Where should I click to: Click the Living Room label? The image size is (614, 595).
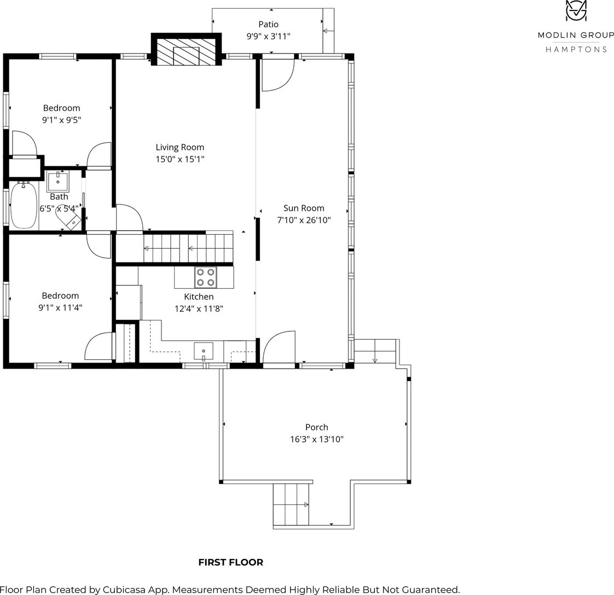point(179,147)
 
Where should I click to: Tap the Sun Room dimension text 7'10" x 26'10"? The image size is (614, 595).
point(304,220)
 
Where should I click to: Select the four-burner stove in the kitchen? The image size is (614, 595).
point(206,277)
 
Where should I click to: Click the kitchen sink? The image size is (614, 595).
point(204,351)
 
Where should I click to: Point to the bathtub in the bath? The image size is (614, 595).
point(24,205)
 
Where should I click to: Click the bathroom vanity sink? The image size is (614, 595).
point(57,181)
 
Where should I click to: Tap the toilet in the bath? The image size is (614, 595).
point(68,218)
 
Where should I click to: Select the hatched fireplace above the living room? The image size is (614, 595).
point(186,51)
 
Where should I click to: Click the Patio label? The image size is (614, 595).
point(268,24)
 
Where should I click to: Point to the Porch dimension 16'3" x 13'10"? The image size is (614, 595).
point(316,439)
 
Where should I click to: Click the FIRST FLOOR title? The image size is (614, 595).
point(230,563)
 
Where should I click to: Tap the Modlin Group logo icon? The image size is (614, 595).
point(576,10)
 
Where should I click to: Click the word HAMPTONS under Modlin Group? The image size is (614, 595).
point(576,49)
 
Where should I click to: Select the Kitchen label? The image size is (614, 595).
point(199,297)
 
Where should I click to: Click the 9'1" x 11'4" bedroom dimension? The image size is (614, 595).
point(60,308)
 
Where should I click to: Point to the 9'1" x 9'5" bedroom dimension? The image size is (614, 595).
point(61,120)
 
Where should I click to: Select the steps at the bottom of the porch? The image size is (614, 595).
point(291,505)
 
